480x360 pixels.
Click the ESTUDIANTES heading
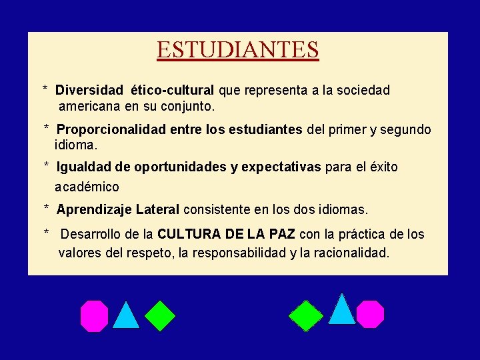[238, 50]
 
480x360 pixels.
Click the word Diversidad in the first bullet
[89, 90]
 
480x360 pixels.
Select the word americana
[89, 107]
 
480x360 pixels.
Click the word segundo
[407, 130]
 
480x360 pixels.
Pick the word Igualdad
[83, 167]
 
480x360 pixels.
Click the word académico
[87, 187]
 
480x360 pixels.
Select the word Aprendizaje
[94, 210]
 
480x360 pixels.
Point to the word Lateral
[157, 210]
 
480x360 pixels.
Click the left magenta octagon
[94, 316]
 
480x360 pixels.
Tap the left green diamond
[160, 316]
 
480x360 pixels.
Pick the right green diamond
[306, 316]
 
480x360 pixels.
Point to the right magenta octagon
[370, 314]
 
